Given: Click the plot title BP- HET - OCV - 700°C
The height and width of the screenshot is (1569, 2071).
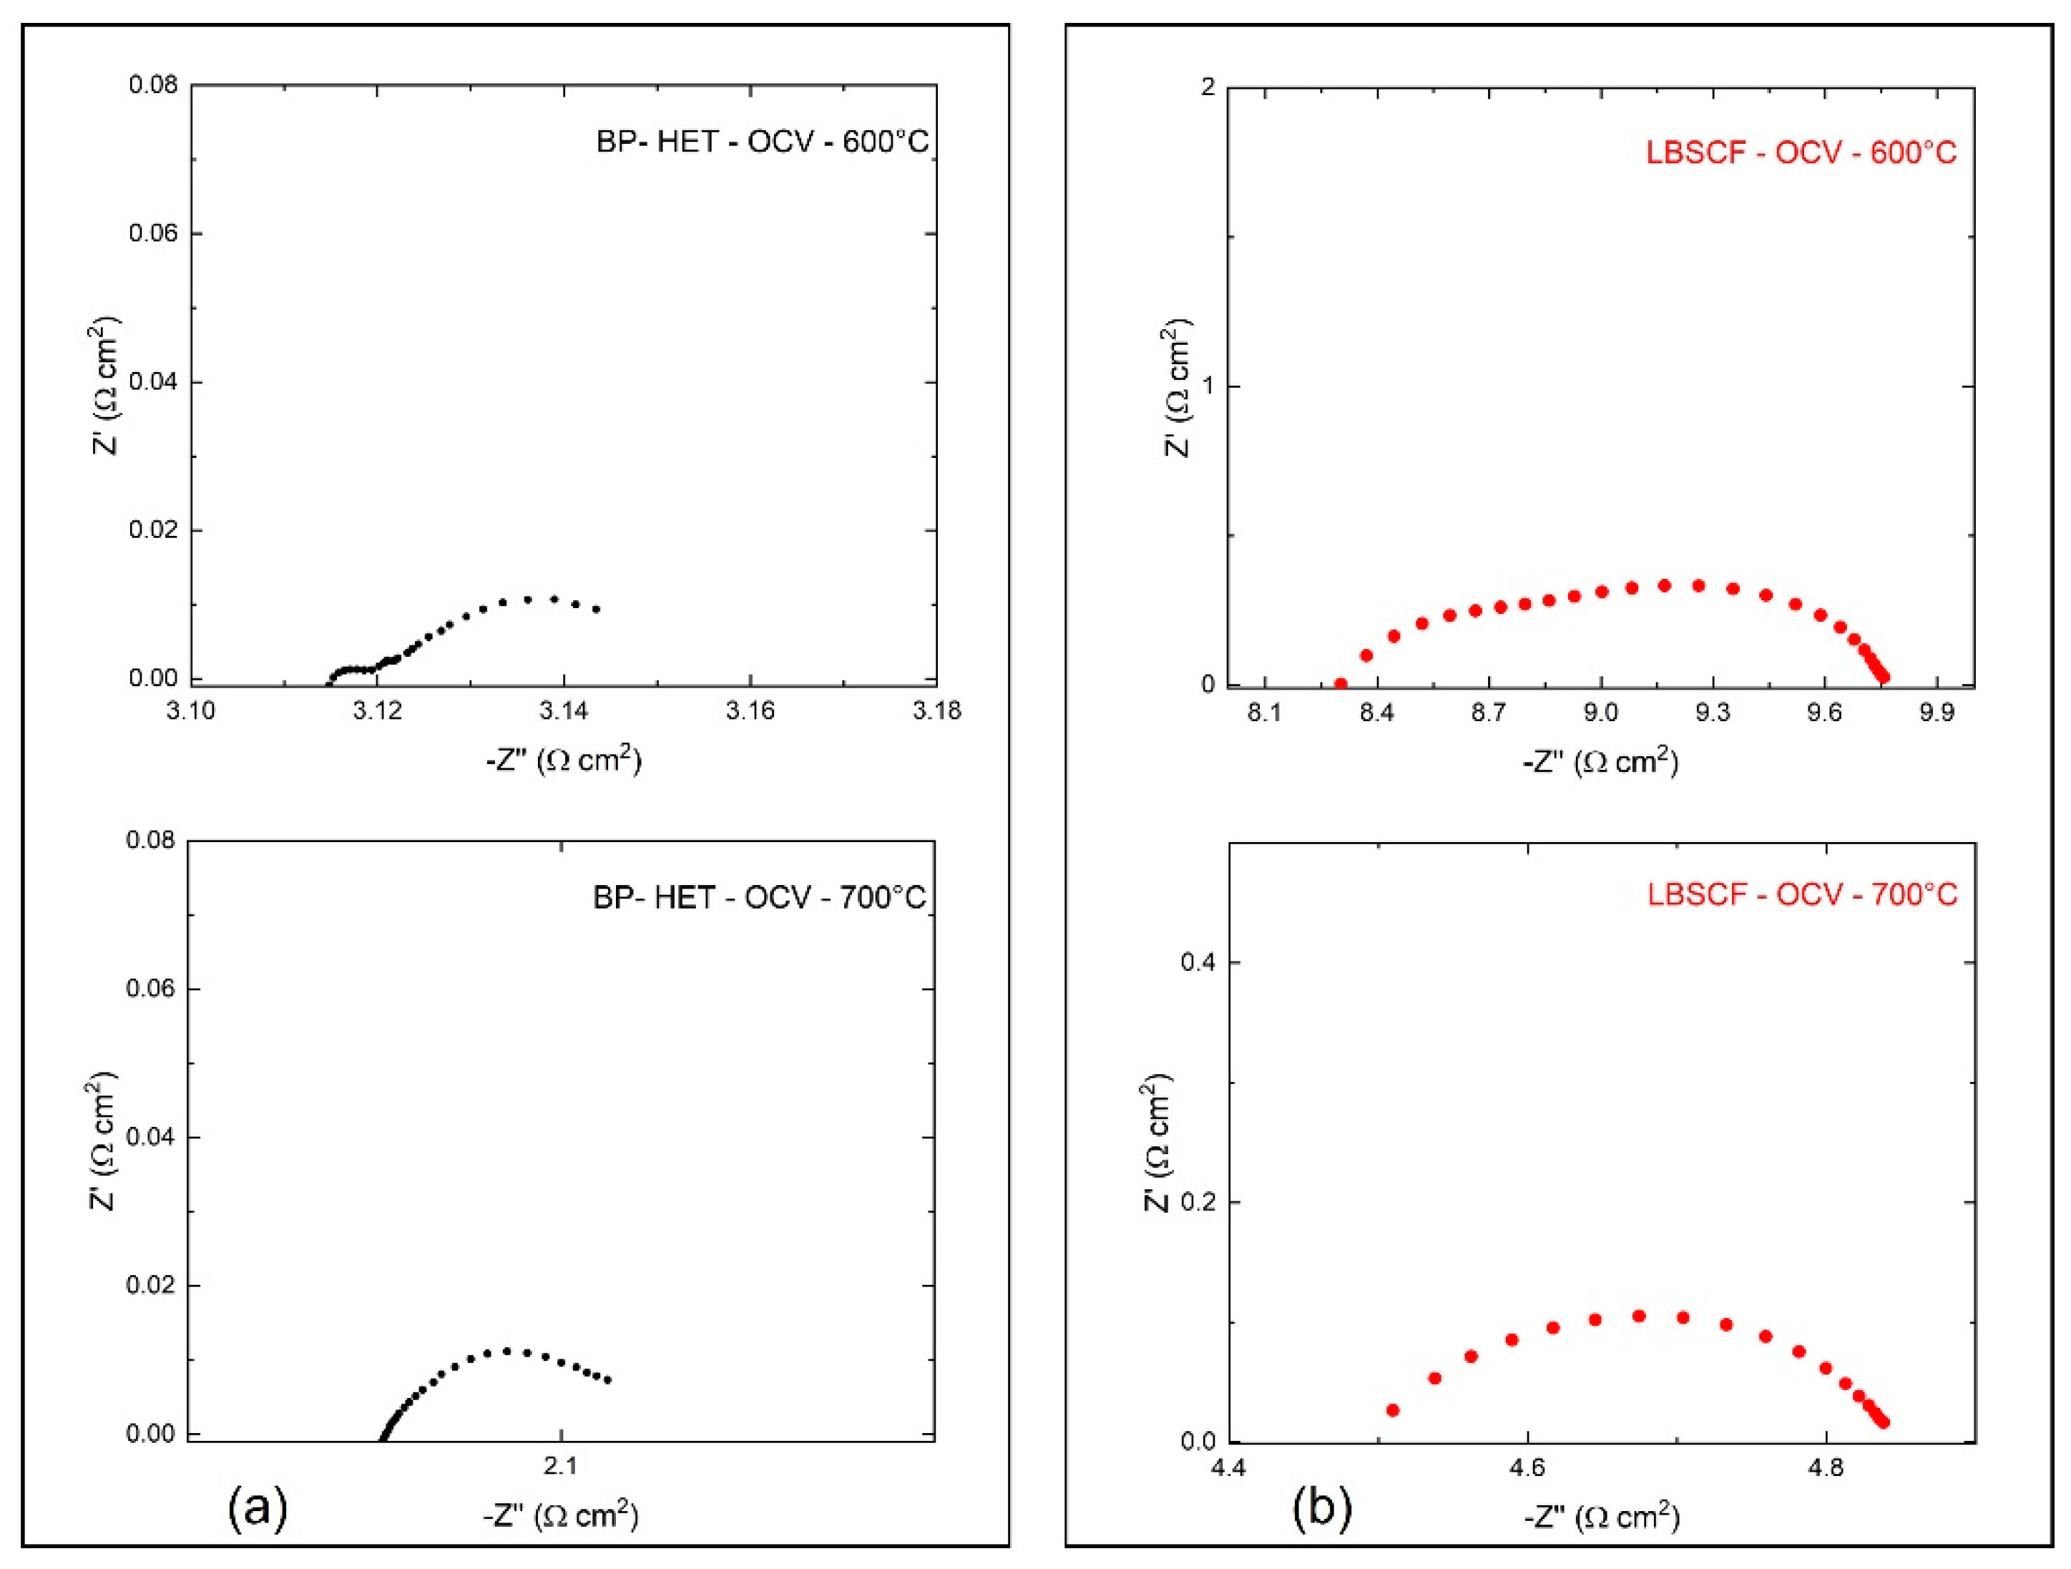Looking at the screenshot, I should (759, 898).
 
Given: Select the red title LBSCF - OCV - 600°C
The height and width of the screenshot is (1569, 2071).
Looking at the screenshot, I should (1801, 152).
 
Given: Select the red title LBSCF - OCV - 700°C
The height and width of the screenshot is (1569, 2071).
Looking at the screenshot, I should (1802, 895).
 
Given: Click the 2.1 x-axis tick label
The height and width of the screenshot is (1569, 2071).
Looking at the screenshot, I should (560, 1467).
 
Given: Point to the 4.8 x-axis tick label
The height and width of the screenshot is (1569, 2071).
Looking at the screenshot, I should (1826, 1469).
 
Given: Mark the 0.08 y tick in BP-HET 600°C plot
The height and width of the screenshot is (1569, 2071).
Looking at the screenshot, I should (152, 85).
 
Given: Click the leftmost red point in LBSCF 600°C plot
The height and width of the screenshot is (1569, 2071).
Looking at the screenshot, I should (1341, 684).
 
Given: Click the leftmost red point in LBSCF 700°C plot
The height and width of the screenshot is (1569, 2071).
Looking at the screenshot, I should (1392, 1410).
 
